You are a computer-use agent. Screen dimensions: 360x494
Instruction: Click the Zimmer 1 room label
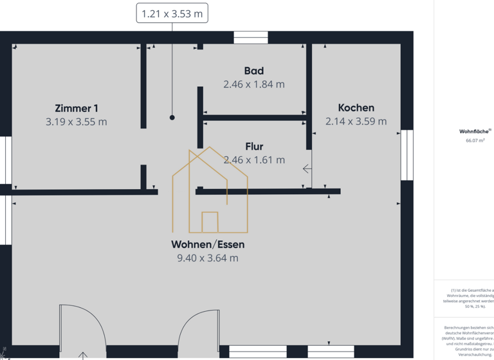77,109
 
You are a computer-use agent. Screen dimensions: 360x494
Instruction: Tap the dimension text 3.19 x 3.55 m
77,122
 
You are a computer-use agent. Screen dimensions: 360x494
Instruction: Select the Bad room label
253,71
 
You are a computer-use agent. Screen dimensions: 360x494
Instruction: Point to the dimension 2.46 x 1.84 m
253,84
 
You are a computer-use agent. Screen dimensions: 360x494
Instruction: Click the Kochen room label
356,107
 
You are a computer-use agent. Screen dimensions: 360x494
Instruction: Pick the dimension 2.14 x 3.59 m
356,121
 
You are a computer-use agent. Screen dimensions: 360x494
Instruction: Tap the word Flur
253,147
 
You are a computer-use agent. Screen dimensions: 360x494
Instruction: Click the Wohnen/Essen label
208,244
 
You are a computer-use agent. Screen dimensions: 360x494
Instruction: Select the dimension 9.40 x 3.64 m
208,258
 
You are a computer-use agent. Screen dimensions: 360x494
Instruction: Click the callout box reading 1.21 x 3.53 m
172,13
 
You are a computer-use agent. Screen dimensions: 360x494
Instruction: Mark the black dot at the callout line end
172,118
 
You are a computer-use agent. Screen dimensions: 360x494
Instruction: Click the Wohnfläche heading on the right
475,131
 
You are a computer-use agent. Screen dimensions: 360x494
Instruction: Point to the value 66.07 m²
475,139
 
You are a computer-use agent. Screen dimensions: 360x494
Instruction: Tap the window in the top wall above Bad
250,37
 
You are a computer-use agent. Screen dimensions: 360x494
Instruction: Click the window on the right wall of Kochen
407,155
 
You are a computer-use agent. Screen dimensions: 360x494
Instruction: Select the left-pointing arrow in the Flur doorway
307,169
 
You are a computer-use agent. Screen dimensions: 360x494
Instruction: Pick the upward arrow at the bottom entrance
83,355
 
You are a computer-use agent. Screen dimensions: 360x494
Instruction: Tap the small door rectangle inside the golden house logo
210,222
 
